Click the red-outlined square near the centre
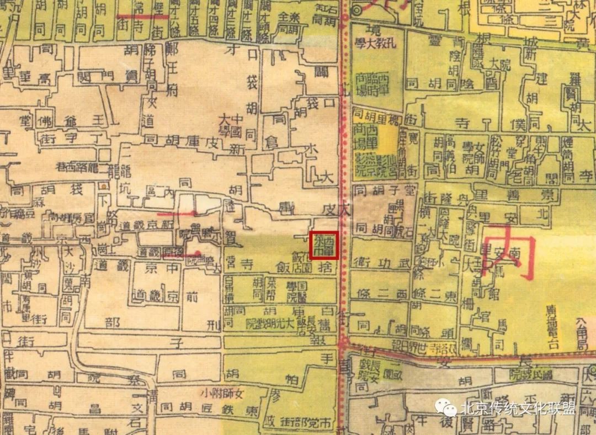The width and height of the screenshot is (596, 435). [x=324, y=245]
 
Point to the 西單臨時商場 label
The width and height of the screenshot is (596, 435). [x=372, y=83]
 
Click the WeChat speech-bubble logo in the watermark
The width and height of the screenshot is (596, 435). [x=446, y=409]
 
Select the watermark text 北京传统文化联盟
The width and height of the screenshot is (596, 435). [x=518, y=409]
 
